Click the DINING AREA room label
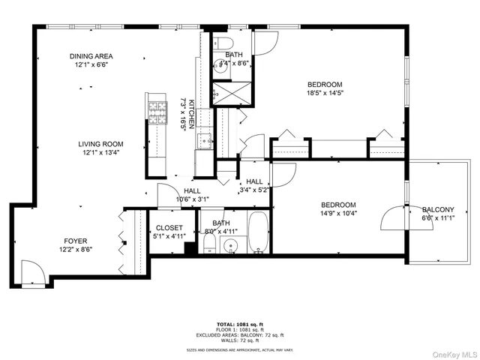(91, 56)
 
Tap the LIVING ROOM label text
(103, 144)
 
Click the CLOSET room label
(169, 227)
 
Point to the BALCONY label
(438, 210)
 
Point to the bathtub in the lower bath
(257, 232)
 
